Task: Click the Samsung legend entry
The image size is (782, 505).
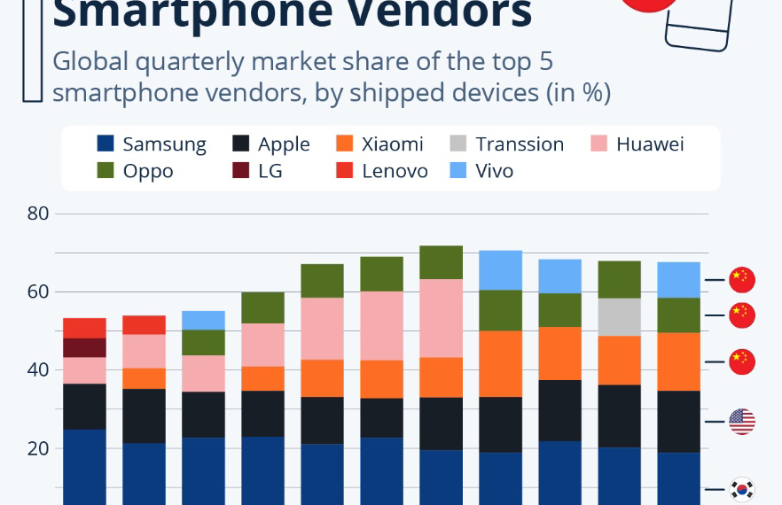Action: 151,144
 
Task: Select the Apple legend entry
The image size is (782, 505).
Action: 270,144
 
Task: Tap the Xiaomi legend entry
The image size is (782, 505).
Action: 379,144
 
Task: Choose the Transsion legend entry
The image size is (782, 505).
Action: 506,144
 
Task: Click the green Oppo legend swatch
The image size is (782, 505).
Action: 106,171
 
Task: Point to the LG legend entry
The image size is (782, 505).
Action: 257,171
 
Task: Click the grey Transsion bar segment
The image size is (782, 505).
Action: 618,317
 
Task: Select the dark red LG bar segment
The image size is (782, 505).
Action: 84,347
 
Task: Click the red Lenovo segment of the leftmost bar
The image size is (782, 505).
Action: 84,328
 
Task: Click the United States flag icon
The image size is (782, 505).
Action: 741,422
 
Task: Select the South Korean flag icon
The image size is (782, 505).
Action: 741,488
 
